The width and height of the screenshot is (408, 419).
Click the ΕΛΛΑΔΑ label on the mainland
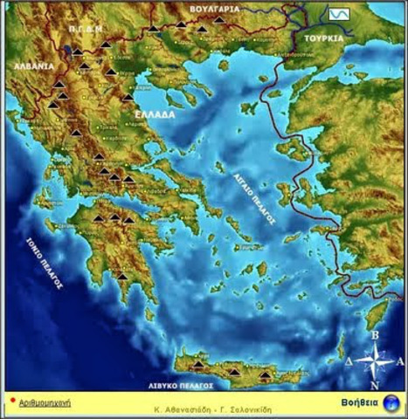tap(155, 114)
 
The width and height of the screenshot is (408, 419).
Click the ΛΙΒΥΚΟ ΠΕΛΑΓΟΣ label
tap(182, 384)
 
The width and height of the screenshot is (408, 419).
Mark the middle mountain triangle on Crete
tap(233, 372)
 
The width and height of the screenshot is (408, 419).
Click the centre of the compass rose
tap(374, 359)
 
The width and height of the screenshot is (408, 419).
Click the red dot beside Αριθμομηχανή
tap(12, 402)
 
